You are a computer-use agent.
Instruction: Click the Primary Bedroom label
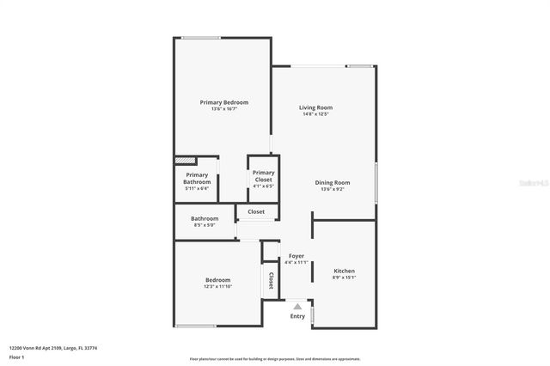pos(224,102)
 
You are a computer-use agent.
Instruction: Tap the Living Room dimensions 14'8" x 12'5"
pos(314,114)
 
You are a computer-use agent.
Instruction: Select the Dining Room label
pos(332,182)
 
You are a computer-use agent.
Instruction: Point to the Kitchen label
pos(344,271)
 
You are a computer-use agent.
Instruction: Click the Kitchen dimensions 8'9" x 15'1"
pos(344,278)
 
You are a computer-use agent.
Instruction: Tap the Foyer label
pos(296,256)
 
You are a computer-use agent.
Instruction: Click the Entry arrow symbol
pos(297,306)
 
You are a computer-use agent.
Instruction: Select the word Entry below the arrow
pos(297,316)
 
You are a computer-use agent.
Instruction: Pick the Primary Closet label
pos(263,176)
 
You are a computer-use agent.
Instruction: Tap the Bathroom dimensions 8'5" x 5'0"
pos(205,226)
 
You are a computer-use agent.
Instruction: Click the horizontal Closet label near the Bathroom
pos(256,211)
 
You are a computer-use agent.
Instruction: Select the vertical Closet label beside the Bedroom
pos(271,280)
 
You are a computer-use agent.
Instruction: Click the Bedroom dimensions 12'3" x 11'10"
pos(217,287)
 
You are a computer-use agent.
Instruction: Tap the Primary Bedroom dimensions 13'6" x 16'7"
pos(224,109)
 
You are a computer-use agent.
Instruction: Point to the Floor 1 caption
pos(16,357)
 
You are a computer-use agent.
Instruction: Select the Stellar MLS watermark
pos(532,183)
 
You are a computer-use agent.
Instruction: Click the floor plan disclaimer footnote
pos(274,359)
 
